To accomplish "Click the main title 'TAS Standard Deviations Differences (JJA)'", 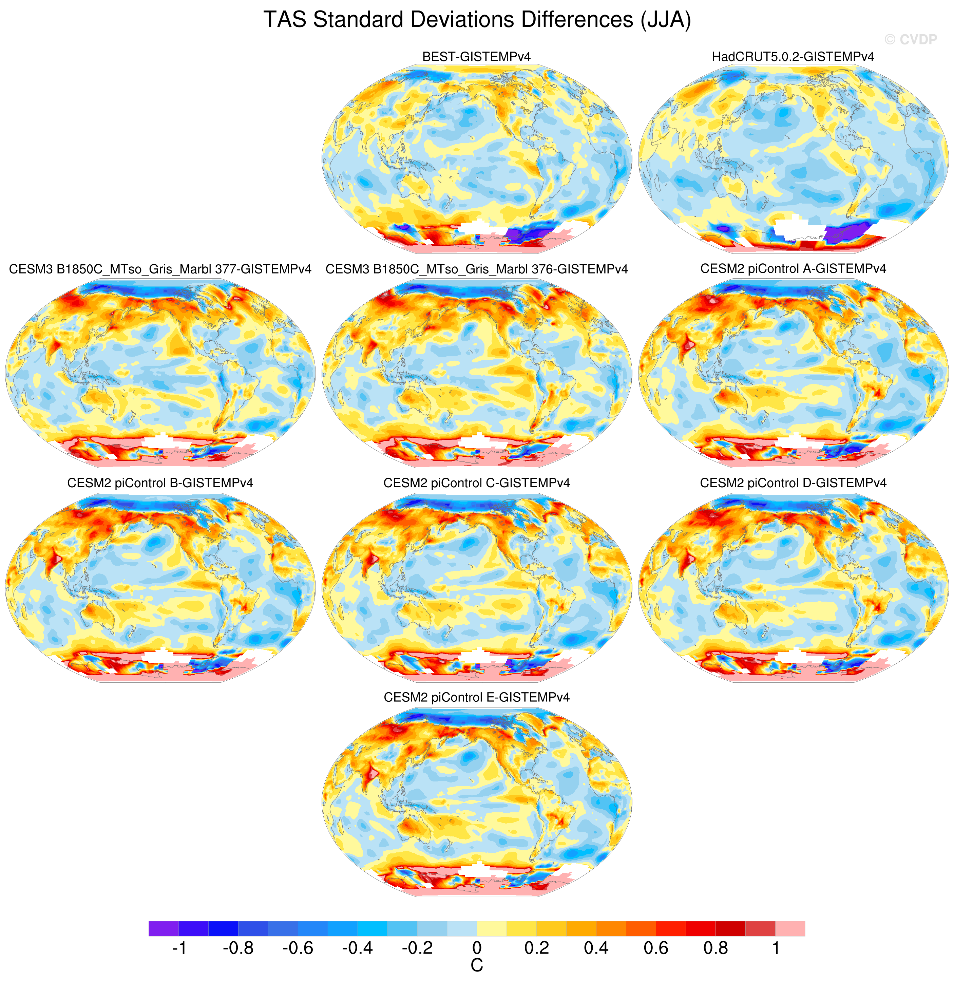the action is click(x=477, y=20).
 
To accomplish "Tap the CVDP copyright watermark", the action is click(x=911, y=40).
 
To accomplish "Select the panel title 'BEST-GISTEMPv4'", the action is click(x=477, y=57).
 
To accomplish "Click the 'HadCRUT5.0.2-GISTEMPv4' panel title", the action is click(x=793, y=57).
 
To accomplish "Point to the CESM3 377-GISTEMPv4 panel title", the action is click(x=160, y=269).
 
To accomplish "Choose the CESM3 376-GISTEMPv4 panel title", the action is click(x=477, y=269).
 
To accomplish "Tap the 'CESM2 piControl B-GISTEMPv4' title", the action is click(x=160, y=483).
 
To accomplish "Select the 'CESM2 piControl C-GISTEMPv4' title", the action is click(x=477, y=483).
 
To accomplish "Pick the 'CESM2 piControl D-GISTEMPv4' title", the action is click(x=793, y=483).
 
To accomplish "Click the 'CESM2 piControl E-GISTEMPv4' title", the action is click(x=477, y=697).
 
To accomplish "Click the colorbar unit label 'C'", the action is click(x=477, y=965).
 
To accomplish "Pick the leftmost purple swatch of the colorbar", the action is click(x=164, y=928).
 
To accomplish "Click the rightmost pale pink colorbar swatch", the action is click(x=790, y=928).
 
